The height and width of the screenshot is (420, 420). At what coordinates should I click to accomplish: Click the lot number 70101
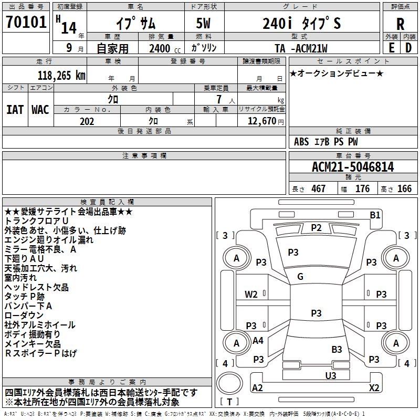coord(26,23)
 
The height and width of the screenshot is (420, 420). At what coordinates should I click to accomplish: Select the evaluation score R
coord(400,24)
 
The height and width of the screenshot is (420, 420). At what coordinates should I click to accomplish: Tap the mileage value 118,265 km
coord(61,76)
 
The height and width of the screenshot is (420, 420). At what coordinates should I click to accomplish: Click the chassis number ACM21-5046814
coord(353,167)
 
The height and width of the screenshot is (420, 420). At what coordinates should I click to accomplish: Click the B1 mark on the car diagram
coord(375,214)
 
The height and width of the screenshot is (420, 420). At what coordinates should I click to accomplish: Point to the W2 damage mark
coord(251,295)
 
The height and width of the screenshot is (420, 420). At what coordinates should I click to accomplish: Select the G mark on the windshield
coord(300,276)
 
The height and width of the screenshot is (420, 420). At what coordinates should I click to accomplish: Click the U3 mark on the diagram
coord(331,375)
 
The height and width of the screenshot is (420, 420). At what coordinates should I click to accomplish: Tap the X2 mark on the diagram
coord(374,387)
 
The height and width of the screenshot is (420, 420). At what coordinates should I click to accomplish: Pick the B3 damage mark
coord(337,349)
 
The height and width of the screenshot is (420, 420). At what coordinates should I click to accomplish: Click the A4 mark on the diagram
coord(258,341)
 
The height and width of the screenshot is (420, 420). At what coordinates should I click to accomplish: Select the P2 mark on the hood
coord(316,227)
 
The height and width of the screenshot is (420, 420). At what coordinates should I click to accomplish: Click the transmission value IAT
coord(15,109)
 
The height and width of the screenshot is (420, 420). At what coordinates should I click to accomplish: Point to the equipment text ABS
coord(301,142)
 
